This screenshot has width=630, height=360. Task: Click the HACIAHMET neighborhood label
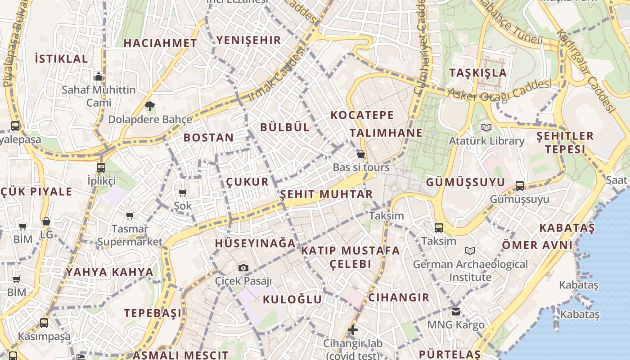(160, 43)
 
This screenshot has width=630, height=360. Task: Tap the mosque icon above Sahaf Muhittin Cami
(99, 77)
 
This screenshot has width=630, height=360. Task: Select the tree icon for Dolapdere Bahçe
(150, 107)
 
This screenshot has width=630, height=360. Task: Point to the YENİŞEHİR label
(248, 40)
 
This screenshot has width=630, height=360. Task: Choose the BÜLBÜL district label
(285, 127)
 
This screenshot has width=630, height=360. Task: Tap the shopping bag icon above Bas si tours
(360, 154)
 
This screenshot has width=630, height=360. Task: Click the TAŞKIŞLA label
(478, 73)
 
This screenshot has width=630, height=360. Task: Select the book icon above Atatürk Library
(486, 128)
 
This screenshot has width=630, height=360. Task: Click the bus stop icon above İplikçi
(101, 168)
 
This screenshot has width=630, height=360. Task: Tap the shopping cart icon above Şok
(183, 193)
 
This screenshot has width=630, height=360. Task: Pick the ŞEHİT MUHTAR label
(327, 194)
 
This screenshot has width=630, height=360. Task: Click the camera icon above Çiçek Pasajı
(243, 268)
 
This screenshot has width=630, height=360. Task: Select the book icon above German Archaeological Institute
(470, 251)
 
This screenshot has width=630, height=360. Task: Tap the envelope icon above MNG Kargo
(456, 311)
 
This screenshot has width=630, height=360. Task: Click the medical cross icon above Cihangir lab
(353, 330)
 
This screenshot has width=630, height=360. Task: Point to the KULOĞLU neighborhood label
(292, 299)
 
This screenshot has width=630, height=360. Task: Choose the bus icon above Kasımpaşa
(44, 323)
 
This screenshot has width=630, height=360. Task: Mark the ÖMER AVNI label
(537, 245)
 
